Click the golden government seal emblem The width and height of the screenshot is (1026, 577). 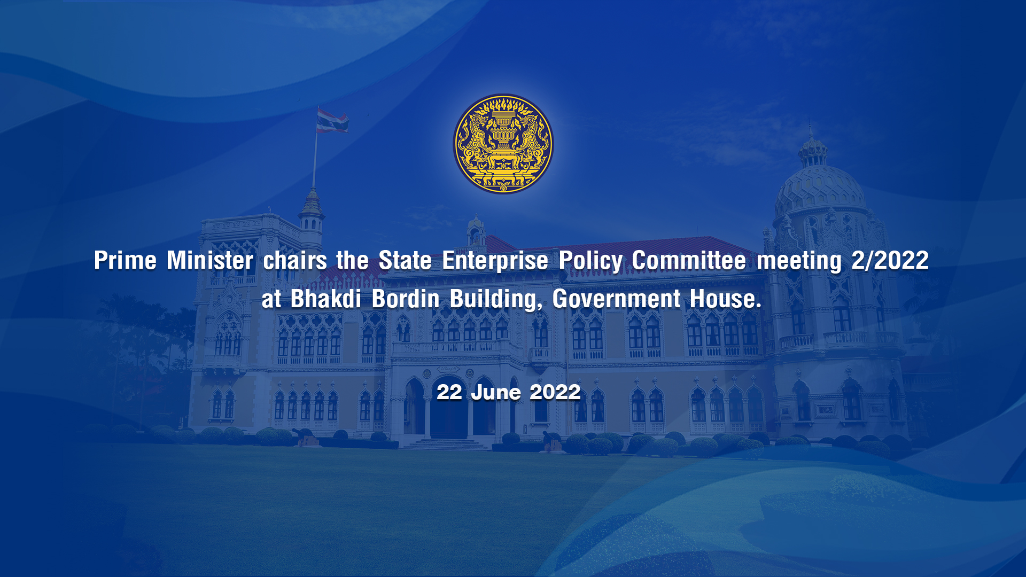point(503,144)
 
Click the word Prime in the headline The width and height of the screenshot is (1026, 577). point(126,261)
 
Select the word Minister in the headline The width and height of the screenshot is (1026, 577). point(210,261)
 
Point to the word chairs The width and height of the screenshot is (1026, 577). point(295,261)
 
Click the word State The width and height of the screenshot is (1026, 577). point(405,261)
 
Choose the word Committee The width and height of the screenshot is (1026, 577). point(689,261)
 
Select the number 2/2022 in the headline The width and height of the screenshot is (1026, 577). point(890,261)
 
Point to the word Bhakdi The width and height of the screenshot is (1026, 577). point(326,299)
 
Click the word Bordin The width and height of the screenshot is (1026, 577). point(406,299)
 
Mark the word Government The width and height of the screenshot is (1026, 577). point(616,299)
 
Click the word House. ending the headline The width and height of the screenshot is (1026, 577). point(725,299)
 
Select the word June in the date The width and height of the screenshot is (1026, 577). point(495,392)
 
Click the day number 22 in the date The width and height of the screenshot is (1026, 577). point(449,392)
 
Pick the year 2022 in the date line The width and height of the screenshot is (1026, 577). point(555,392)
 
